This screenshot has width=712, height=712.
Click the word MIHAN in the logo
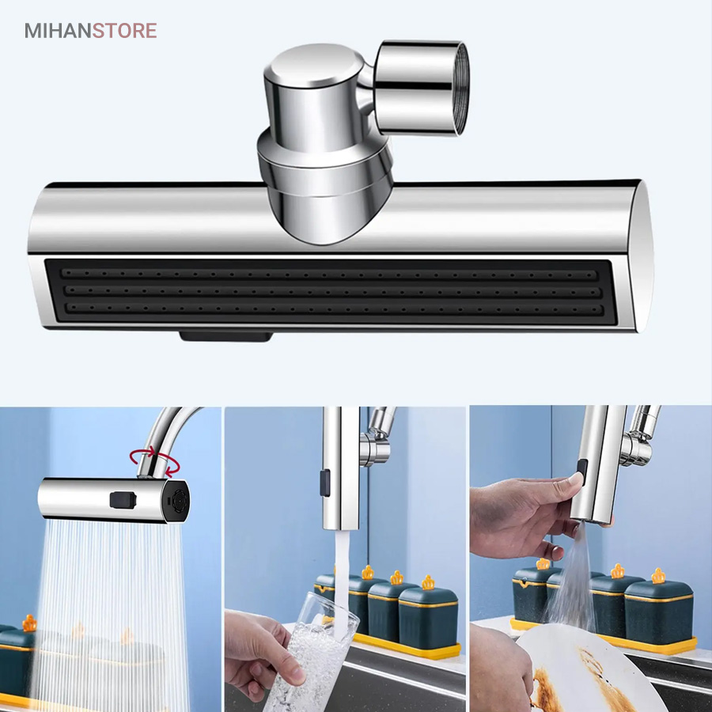(x=58, y=31)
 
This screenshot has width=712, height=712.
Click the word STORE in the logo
(x=125, y=31)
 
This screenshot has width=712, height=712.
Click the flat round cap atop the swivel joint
(x=314, y=66)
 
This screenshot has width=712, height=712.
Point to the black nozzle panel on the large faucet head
(x=331, y=291)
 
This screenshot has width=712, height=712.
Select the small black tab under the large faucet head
(x=226, y=336)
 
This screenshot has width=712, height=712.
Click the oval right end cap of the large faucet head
(x=644, y=256)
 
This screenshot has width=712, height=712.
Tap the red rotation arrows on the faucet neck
(x=155, y=463)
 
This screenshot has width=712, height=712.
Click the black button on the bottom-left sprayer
(x=123, y=501)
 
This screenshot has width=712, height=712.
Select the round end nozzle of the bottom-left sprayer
(x=176, y=502)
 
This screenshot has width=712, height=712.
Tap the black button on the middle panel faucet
(x=324, y=483)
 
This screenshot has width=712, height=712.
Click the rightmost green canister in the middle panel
(x=428, y=609)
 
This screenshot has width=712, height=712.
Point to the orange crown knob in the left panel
(x=29, y=623)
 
